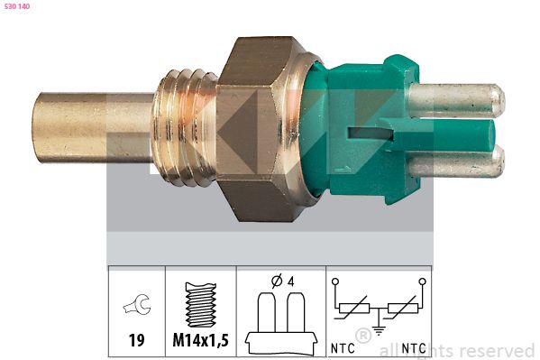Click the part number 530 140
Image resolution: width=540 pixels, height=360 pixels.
click(x=18, y=7)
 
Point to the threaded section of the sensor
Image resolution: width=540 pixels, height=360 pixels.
click(x=185, y=126)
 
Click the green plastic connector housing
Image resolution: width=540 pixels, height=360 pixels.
click(x=361, y=126)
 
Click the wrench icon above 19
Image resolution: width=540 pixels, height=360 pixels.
click(x=136, y=307)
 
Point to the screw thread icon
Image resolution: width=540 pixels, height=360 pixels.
click(x=199, y=307)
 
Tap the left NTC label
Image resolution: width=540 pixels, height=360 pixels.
click(x=343, y=347)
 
